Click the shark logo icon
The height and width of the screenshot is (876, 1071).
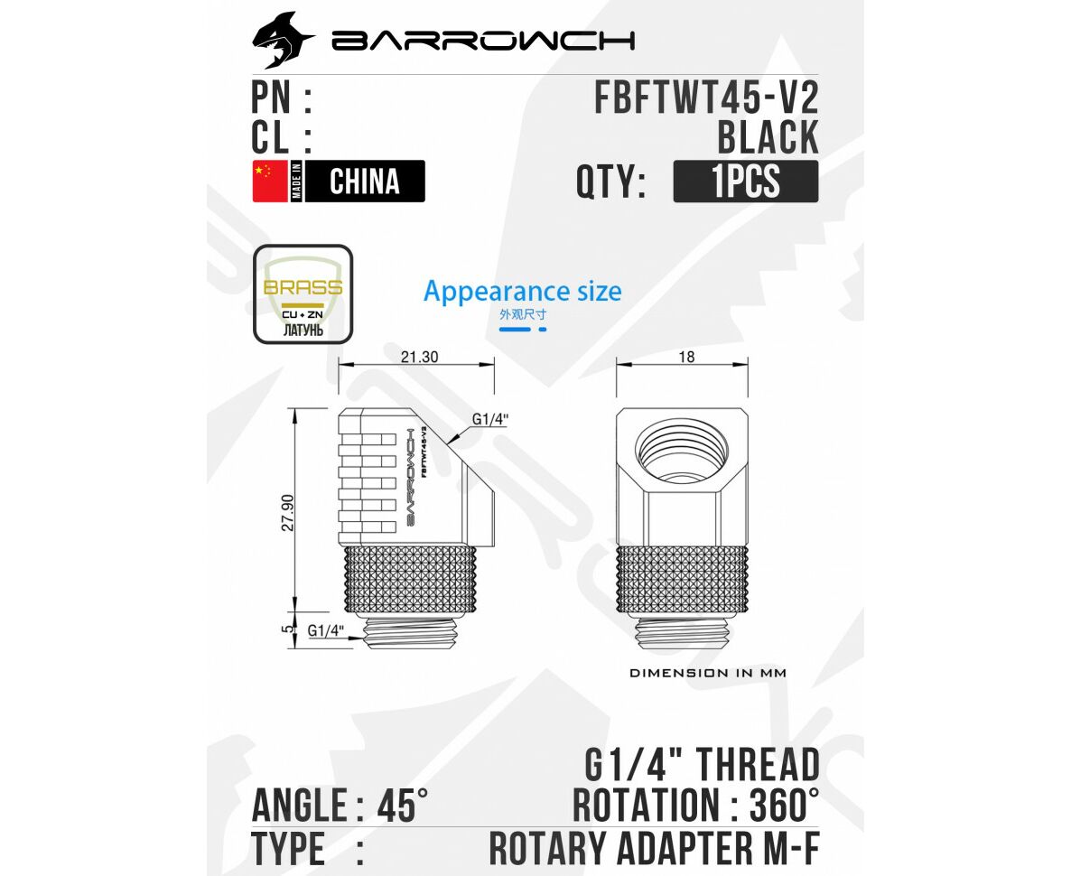pyautogui.click(x=283, y=41)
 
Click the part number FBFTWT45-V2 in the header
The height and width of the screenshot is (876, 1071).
pyautogui.click(x=705, y=97)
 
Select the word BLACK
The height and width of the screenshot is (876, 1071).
pyautogui.click(x=768, y=137)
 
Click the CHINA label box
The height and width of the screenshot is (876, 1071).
pyautogui.click(x=365, y=181)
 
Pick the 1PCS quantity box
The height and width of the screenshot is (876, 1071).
pyautogui.click(x=745, y=181)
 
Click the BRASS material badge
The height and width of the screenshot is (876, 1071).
pyautogui.click(x=303, y=294)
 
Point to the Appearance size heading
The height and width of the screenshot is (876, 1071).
pyautogui.click(x=522, y=292)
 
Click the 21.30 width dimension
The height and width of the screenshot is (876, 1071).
pyautogui.click(x=418, y=357)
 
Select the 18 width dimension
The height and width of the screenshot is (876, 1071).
pyautogui.click(x=686, y=357)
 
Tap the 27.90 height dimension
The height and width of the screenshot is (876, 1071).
pyautogui.click(x=288, y=512)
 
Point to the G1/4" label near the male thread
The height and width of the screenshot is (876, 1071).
pyautogui.click(x=327, y=631)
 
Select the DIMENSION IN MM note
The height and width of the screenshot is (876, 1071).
pyautogui.click(x=707, y=673)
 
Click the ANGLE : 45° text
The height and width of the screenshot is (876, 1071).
pyautogui.click(x=340, y=805)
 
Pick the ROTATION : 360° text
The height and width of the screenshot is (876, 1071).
pyautogui.click(x=696, y=805)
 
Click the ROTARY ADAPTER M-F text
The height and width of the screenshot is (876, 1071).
pyautogui.click(x=654, y=849)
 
